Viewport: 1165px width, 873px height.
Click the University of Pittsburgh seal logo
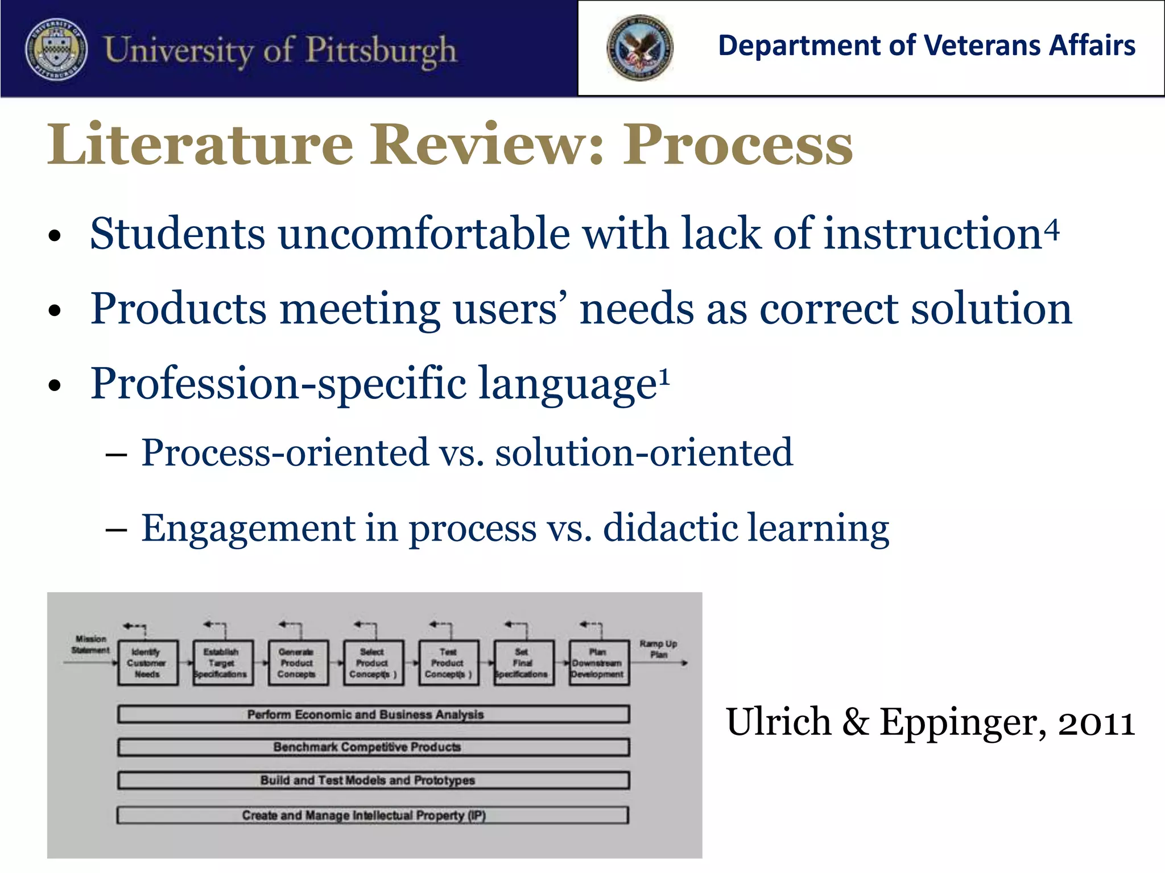point(56,50)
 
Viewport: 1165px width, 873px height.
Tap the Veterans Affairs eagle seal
point(639,48)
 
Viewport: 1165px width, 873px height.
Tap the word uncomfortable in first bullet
point(424,234)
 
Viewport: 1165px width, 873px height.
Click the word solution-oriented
point(643,453)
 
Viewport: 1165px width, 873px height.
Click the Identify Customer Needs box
point(147,663)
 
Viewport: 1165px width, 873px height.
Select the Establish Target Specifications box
point(222,663)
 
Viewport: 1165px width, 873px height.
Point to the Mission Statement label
point(90,645)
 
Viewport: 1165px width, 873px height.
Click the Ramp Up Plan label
point(658,649)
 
